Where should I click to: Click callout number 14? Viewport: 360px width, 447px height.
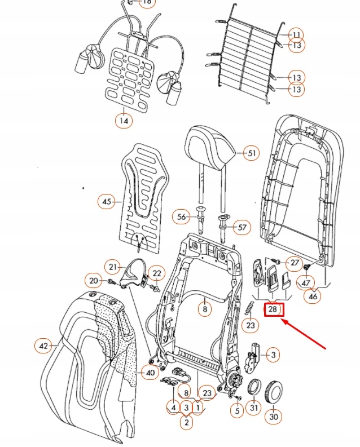tap(124, 120)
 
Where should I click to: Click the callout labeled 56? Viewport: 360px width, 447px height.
tap(182, 216)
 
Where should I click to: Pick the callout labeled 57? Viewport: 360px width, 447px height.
tap(242, 228)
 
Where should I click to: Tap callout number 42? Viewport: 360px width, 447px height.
tap(43, 346)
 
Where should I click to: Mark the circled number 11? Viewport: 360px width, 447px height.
tap(296, 34)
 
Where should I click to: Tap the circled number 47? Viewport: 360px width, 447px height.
tap(306, 283)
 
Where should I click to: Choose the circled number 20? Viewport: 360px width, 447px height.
tap(93, 280)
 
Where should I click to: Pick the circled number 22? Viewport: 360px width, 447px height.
tap(156, 274)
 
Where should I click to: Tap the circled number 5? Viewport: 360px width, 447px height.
tap(238, 411)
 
